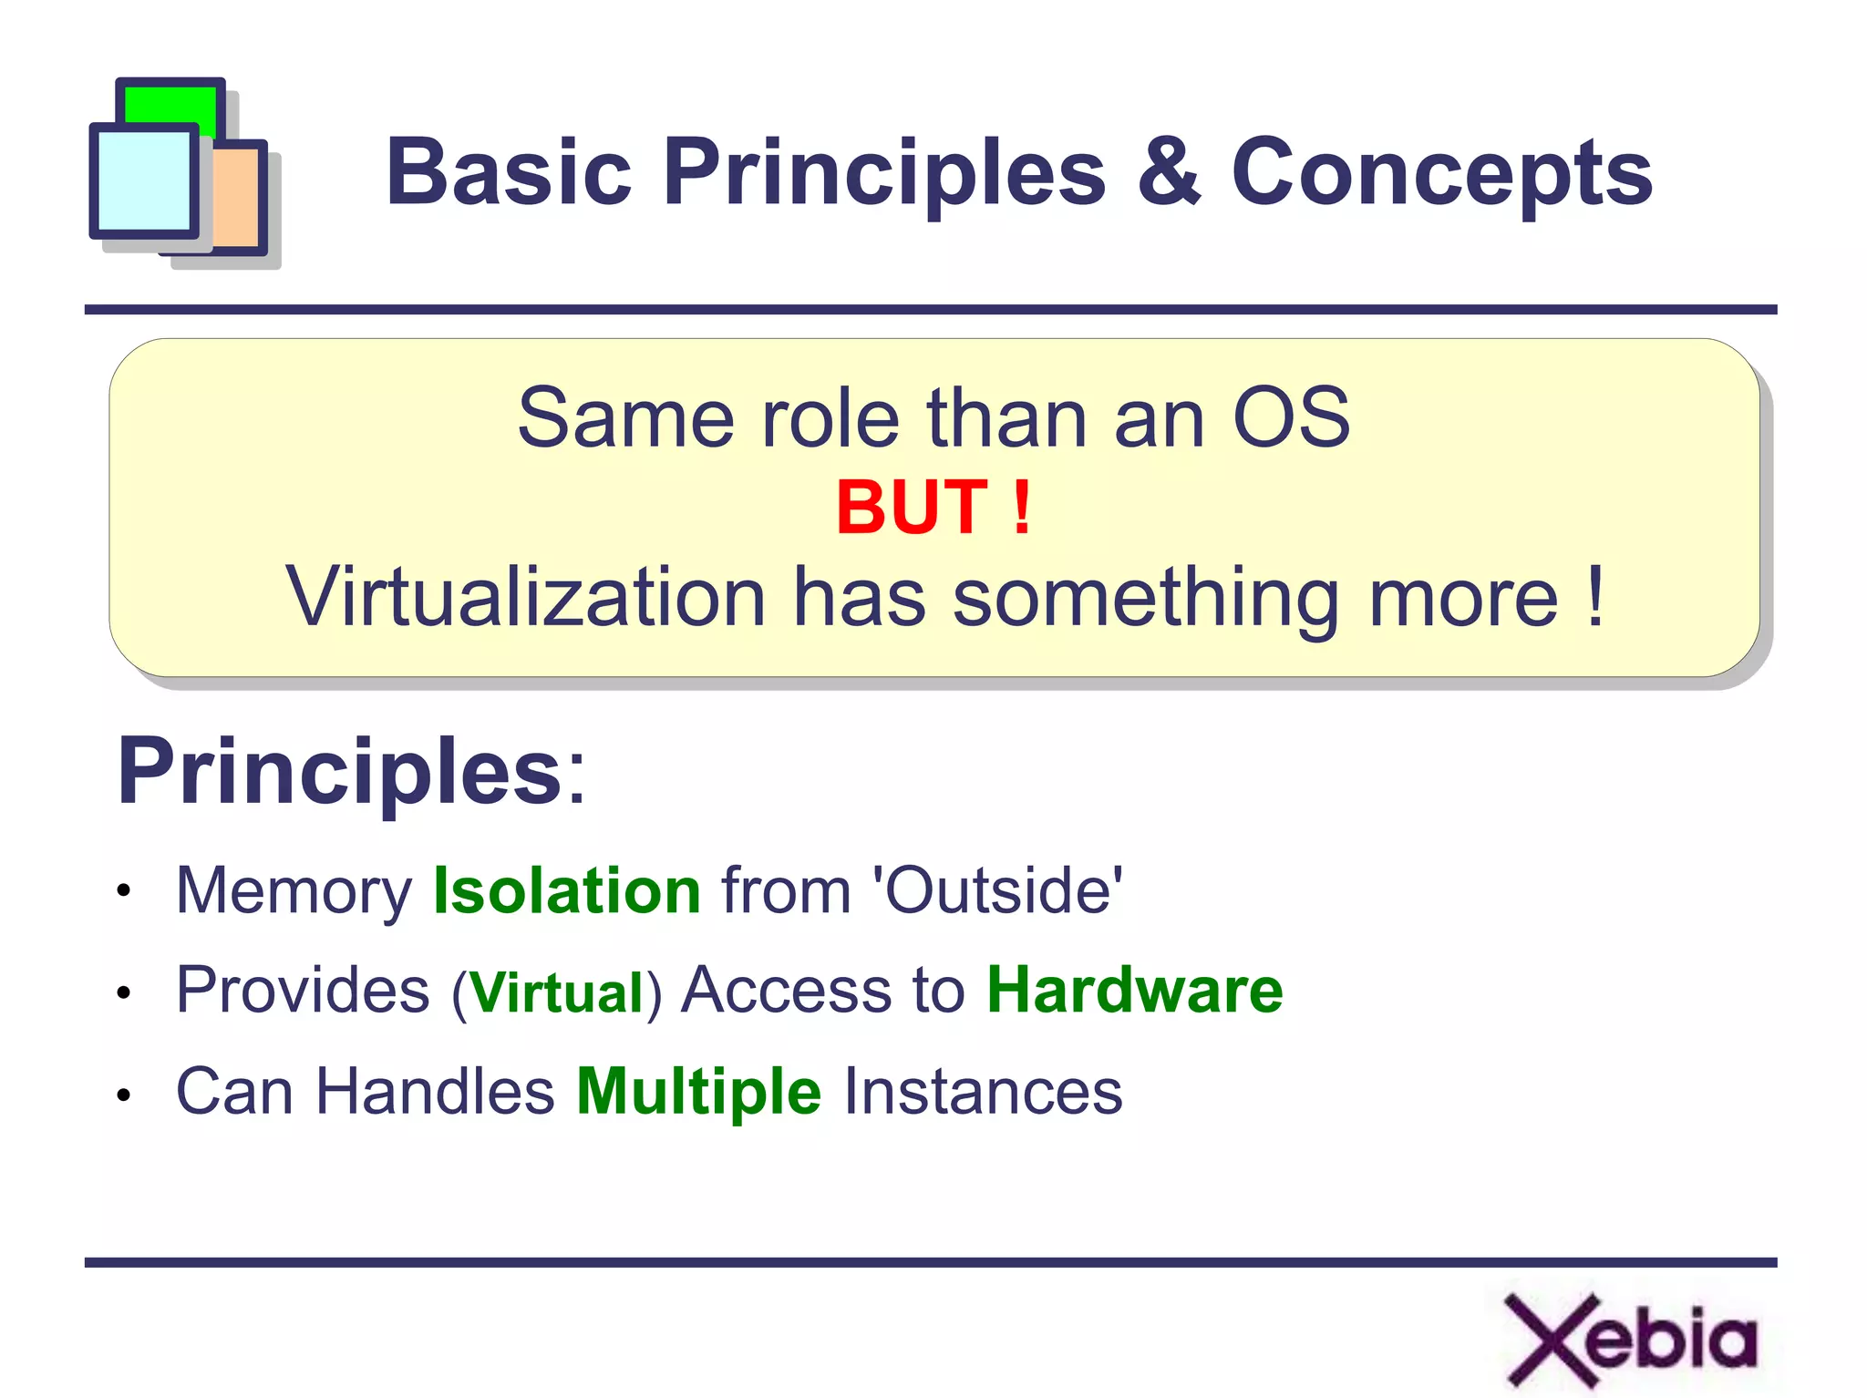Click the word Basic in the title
pyautogui.click(x=509, y=171)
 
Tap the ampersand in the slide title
pyautogui.click(x=1169, y=171)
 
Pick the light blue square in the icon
pyautogui.click(x=143, y=180)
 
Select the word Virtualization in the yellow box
pyautogui.click(x=526, y=597)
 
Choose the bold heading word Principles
pyautogui.click(x=340, y=772)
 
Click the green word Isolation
pyautogui.click(x=566, y=890)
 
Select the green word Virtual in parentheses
pyautogui.click(x=557, y=992)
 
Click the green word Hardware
pyautogui.click(x=1135, y=990)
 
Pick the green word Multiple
pyautogui.click(x=699, y=1092)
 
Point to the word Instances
pyautogui.click(x=983, y=1092)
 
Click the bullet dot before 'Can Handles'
pyautogui.click(x=124, y=1095)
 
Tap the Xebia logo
pyautogui.click(x=1630, y=1339)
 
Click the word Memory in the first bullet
pyautogui.click(x=294, y=892)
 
